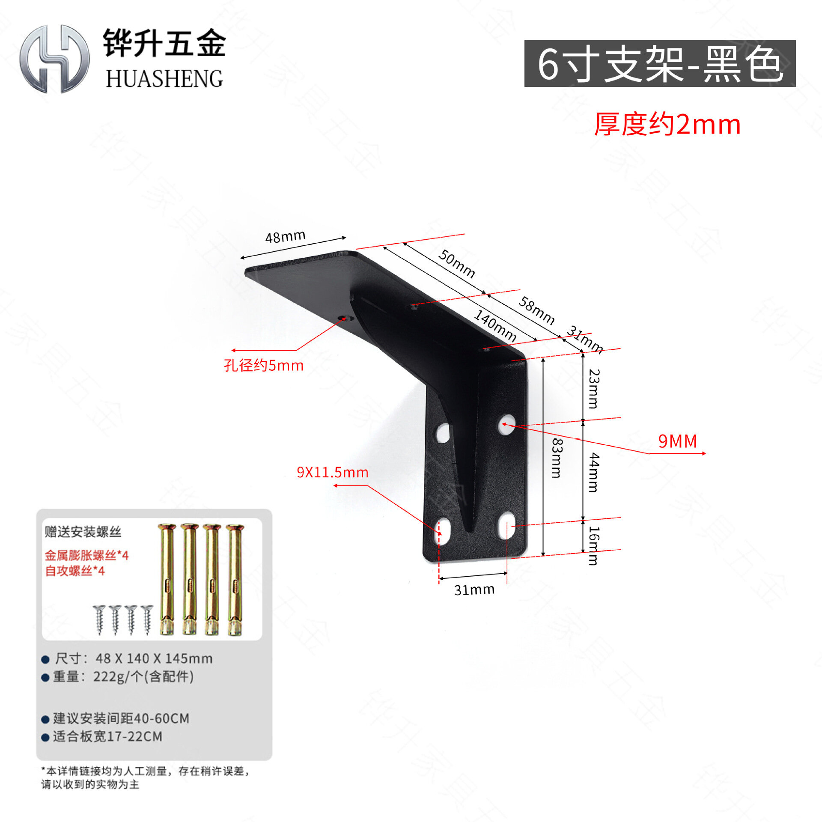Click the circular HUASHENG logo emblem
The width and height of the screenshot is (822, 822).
coord(54,59)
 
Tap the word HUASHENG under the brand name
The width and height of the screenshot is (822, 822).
coord(164,79)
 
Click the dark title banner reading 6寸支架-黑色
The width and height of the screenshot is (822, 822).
coord(660,63)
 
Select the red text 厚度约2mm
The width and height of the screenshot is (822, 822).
coord(667,125)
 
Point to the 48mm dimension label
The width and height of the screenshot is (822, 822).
coord(285,236)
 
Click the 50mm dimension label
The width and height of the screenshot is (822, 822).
coord(457,263)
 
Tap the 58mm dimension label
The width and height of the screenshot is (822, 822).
coord(536,310)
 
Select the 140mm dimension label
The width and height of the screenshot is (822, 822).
coord(495,326)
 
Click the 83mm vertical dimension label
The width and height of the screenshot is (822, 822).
coord(556,458)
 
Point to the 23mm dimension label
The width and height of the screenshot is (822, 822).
coord(594,389)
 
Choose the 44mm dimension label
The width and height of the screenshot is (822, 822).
coord(594,473)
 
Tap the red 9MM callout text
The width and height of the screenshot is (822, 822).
coord(677,441)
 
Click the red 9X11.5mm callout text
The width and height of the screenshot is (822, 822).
coord(333,472)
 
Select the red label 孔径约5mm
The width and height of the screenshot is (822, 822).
coord(264,365)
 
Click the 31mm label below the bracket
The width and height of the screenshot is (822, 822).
coord(474,590)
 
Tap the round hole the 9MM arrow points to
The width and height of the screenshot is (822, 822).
coord(507,424)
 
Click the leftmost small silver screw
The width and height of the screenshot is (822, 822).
coord(100,619)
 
